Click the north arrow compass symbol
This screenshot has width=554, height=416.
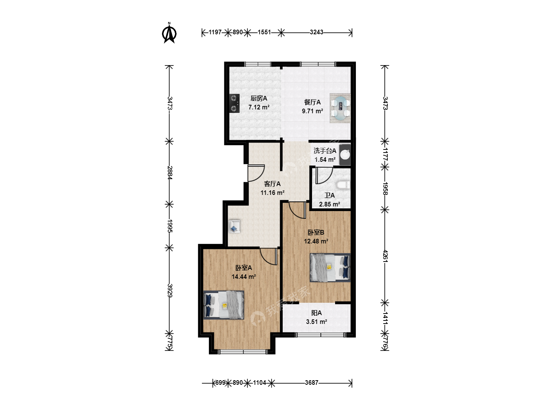click(x=169, y=33)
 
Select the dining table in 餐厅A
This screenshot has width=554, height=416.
click(x=340, y=108)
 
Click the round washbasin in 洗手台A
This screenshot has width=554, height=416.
click(x=345, y=155)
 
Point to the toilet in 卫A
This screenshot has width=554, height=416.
click(x=343, y=185)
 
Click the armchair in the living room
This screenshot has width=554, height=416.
click(x=234, y=226)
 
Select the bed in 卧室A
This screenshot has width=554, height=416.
click(x=224, y=305)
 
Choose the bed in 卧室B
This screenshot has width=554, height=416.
click(x=330, y=267)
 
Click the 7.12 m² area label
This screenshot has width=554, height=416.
click(x=259, y=107)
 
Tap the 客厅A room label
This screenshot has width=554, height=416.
click(x=272, y=184)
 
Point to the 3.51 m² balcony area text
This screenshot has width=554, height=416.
click(x=317, y=322)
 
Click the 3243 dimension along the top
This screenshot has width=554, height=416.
click(x=317, y=32)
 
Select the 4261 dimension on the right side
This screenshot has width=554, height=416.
click(x=385, y=256)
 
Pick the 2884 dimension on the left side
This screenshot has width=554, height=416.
click(x=170, y=173)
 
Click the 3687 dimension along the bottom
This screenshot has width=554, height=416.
click(x=312, y=382)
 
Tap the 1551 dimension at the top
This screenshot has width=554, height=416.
click(x=264, y=32)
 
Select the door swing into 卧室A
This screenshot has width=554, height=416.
click(x=269, y=257)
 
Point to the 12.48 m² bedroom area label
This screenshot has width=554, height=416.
click(x=316, y=241)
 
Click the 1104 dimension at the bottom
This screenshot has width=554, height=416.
click(x=259, y=382)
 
